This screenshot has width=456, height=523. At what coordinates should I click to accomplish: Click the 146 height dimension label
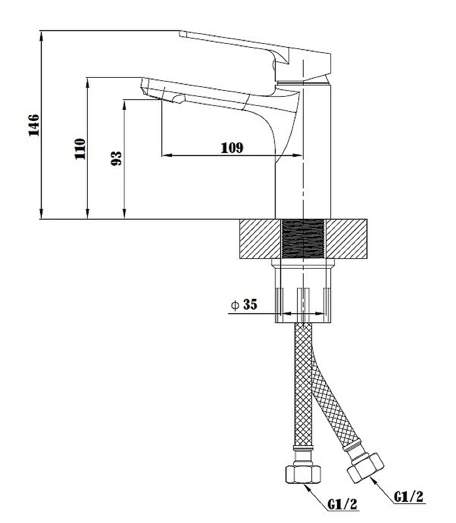[x=34, y=125]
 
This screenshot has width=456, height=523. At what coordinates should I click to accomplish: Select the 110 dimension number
[x=80, y=149]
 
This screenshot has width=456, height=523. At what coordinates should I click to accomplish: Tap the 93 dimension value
[x=116, y=158]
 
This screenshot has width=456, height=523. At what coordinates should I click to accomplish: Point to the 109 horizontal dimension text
[x=232, y=148]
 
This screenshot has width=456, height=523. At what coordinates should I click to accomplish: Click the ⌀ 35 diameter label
[x=244, y=304]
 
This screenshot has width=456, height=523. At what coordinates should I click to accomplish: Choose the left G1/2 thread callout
[x=343, y=504]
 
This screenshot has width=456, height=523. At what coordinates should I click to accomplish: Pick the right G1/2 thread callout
[x=409, y=496]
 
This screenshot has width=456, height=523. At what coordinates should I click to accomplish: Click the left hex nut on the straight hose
[x=303, y=474]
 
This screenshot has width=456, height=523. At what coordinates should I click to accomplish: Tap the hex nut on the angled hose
[x=366, y=467]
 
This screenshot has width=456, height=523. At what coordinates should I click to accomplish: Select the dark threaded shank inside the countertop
[x=303, y=239]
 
